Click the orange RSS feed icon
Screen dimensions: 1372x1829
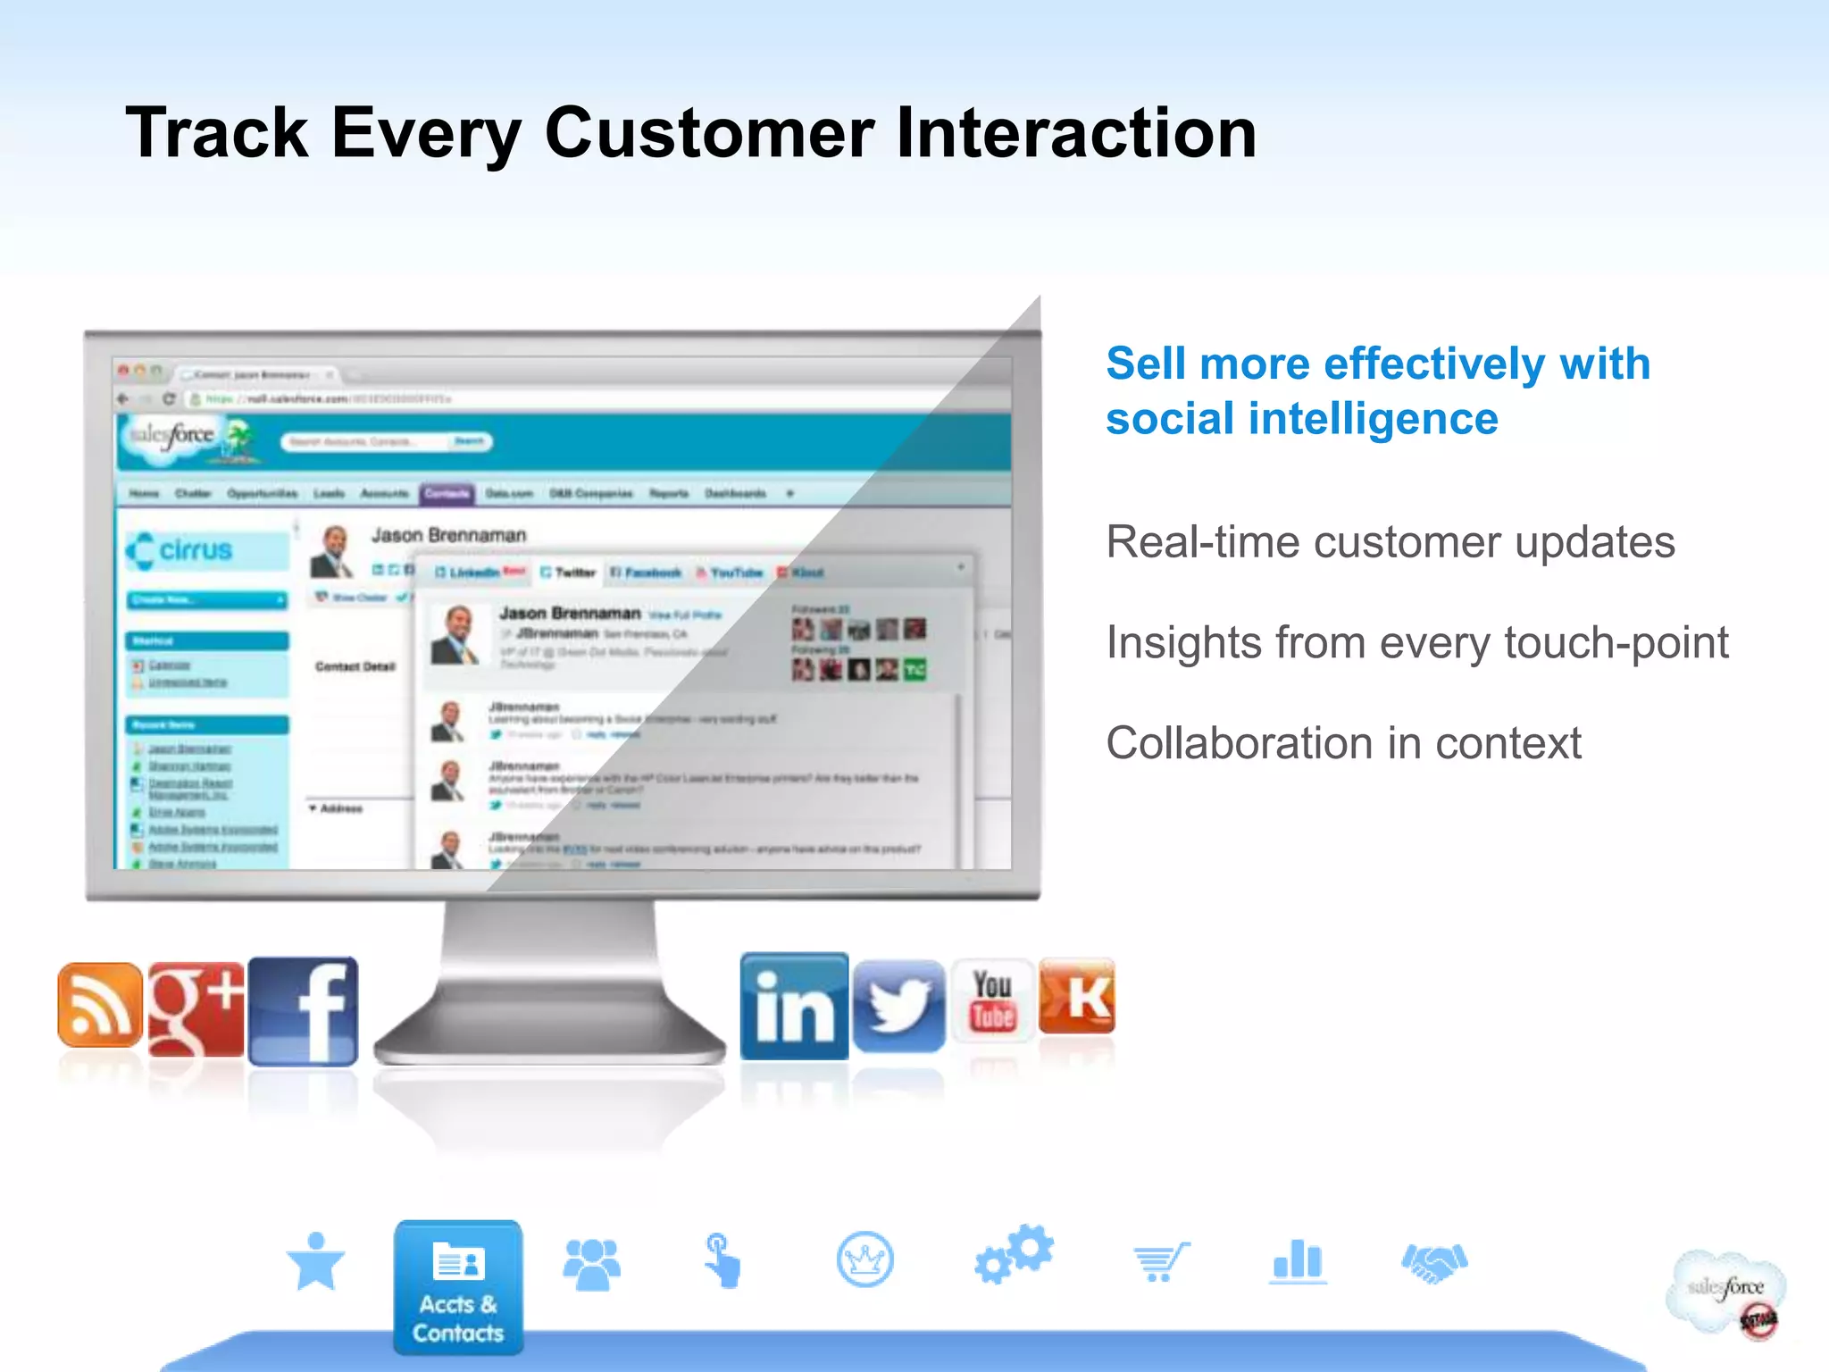tap(99, 1006)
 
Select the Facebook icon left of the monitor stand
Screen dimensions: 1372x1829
tap(303, 1011)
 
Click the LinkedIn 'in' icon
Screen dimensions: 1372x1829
tap(794, 1007)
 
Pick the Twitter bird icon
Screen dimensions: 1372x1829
tap(898, 1006)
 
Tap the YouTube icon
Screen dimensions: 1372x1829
tap(992, 1000)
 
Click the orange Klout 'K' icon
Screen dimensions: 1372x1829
tap(1077, 996)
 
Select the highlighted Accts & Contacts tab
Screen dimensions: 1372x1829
tap(458, 1287)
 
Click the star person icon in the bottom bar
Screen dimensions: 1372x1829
tap(315, 1261)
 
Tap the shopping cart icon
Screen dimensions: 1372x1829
tap(1160, 1262)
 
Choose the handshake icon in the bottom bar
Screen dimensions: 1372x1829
tap(1434, 1262)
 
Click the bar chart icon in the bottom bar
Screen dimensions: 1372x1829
tap(1298, 1261)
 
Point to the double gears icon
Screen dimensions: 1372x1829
tap(1014, 1254)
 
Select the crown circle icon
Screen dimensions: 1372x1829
tap(864, 1259)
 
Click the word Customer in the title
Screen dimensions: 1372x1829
tap(709, 133)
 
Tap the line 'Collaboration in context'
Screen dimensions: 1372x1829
tap(1343, 743)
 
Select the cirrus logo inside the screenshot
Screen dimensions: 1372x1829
tap(181, 550)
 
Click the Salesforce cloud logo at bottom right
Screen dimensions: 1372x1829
tap(1725, 1292)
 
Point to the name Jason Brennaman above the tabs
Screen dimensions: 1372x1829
tap(448, 535)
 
